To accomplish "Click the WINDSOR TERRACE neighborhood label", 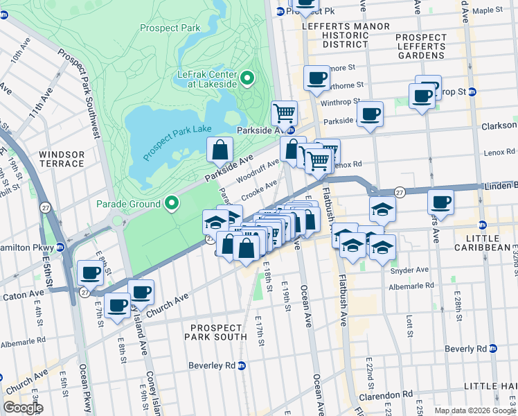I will (62, 159).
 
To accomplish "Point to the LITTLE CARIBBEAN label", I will (483, 242).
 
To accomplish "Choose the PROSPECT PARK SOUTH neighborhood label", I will (215, 331).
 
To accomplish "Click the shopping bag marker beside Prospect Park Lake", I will (220, 150).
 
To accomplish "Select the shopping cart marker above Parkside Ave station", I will (284, 112).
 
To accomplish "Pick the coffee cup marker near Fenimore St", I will (317, 78).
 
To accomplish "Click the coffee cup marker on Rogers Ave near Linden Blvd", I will (440, 202).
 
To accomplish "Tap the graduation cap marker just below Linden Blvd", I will (382, 209).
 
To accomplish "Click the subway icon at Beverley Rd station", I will (242, 365).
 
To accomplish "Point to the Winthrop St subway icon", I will (472, 92).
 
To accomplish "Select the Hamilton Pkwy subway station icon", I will (61, 246).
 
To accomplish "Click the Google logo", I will (23, 408).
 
